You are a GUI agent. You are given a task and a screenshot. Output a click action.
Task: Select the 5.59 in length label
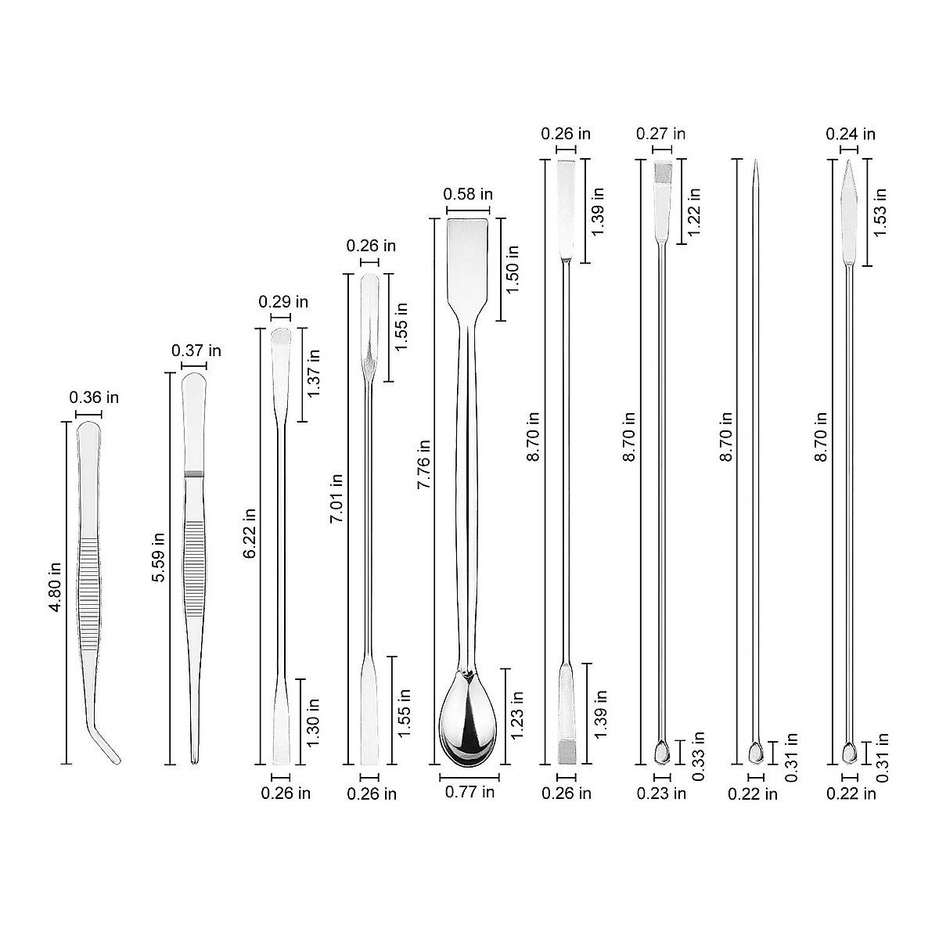pyautogui.click(x=158, y=557)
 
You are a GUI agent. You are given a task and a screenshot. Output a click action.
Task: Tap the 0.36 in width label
pyautogui.click(x=94, y=398)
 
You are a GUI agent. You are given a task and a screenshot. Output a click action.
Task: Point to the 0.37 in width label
pyautogui.click(x=196, y=351)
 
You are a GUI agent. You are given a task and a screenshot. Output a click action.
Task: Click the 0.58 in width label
pyautogui.click(x=467, y=194)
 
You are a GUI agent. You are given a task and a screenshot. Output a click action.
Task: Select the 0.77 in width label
pyautogui.click(x=469, y=792)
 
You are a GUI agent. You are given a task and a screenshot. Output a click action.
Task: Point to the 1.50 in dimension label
pyautogui.click(x=513, y=268)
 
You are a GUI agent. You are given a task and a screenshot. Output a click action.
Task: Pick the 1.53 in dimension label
pyautogui.click(x=880, y=212)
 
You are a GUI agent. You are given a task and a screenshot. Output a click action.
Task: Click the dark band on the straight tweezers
pyautogui.click(x=192, y=474)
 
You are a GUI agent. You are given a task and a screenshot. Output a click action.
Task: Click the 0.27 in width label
pyautogui.click(x=660, y=134)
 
